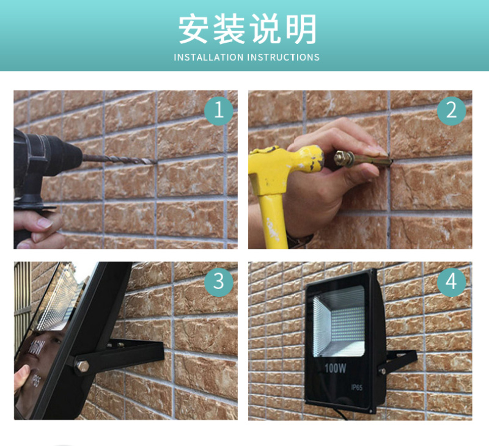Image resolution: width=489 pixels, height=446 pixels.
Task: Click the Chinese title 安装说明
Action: pyautogui.click(x=248, y=29)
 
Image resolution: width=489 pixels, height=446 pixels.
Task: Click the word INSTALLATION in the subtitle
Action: pyautogui.click(x=208, y=57)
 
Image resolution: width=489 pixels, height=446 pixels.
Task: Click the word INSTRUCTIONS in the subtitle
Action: pyautogui.click(x=283, y=57)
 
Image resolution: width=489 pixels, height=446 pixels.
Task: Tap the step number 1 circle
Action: pyautogui.click(x=219, y=111)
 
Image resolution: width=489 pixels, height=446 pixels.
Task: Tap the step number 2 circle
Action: pyautogui.click(x=451, y=111)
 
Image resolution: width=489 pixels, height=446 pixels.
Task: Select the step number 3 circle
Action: pyautogui.click(x=219, y=282)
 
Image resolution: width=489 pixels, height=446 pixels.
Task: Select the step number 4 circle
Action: pyautogui.click(x=451, y=282)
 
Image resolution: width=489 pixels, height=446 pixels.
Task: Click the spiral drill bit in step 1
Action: pyautogui.click(x=119, y=159)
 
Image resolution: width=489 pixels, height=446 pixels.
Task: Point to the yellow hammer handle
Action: pyautogui.click(x=273, y=221)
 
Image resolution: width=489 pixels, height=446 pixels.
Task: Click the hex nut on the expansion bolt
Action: pyautogui.click(x=342, y=158)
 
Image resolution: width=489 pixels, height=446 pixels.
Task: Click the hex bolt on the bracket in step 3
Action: pyautogui.click(x=83, y=365)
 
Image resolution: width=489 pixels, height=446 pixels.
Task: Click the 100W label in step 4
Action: pyautogui.click(x=335, y=368)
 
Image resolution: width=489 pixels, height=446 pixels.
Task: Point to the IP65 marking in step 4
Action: pyautogui.click(x=357, y=387)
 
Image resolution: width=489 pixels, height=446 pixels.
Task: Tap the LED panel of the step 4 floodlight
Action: pyautogui.click(x=339, y=321)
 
